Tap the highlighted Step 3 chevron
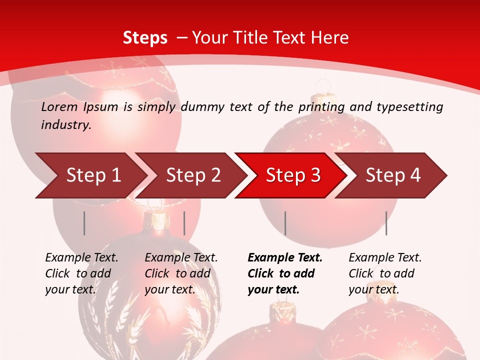point(293,175)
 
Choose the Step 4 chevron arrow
point(393,175)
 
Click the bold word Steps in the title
point(145,37)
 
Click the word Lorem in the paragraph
point(59,107)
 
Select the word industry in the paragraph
point(65,125)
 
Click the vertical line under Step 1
point(84,223)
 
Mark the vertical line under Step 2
point(184,223)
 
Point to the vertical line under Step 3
point(285,223)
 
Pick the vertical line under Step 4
point(386,223)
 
